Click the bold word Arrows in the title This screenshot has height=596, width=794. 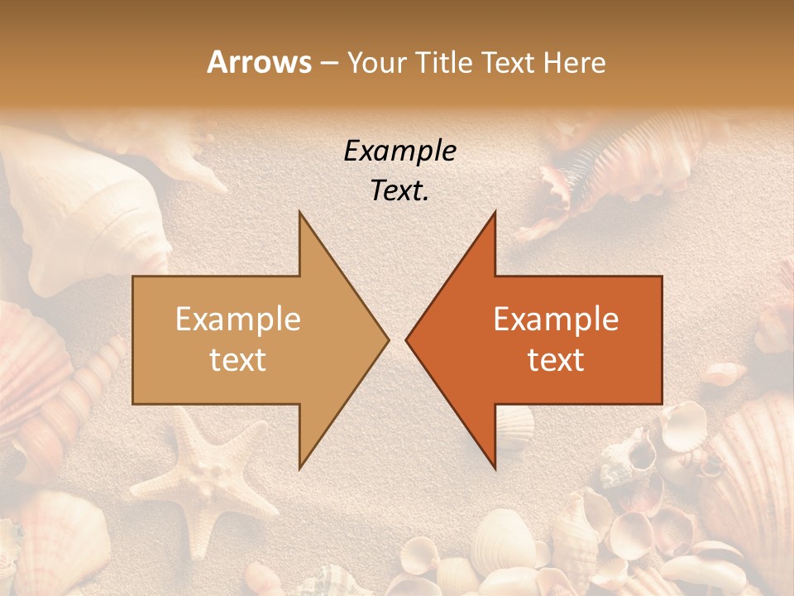coord(259,62)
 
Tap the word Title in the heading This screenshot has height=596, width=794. coord(442,63)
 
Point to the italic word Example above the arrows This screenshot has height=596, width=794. coord(400,151)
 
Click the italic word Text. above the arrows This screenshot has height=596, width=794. coord(400,191)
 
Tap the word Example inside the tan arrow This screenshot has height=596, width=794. coord(238,320)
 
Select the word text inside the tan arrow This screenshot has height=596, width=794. coord(238,359)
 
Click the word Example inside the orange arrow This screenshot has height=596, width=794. coord(556,320)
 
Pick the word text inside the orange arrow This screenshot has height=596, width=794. coord(556,359)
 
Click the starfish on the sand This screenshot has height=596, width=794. coord(195,480)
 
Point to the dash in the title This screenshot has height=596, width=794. coord(329,63)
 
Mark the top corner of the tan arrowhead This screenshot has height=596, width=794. coord(300,213)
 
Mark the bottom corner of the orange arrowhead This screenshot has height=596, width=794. coord(495,469)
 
